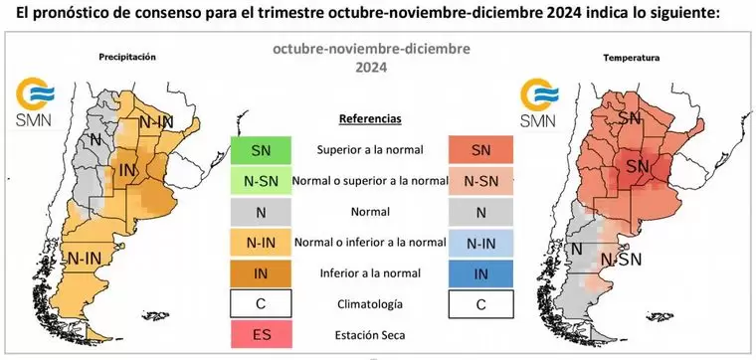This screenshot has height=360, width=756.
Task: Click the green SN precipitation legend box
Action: pyautogui.click(x=260, y=150)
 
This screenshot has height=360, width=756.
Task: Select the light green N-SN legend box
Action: pyautogui.click(x=260, y=181)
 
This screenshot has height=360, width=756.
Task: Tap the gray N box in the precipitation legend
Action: pyautogui.click(x=260, y=212)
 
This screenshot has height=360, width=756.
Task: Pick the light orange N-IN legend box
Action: pyautogui.click(x=260, y=242)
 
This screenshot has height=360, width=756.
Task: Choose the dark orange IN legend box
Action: pyautogui.click(x=260, y=272)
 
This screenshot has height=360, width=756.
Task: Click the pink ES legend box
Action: pyautogui.click(x=260, y=333)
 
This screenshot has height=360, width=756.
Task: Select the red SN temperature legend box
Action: pyautogui.click(x=480, y=150)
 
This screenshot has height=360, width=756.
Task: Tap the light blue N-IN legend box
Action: pyautogui.click(x=480, y=242)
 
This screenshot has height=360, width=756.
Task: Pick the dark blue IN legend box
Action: pyautogui.click(x=480, y=272)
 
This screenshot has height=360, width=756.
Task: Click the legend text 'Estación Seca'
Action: pyautogui.click(x=369, y=334)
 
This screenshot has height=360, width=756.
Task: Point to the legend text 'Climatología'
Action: pyautogui.click(x=369, y=303)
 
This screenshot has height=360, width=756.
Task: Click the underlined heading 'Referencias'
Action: pyautogui.click(x=369, y=119)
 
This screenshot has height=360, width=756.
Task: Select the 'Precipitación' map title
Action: pyautogui.click(x=127, y=58)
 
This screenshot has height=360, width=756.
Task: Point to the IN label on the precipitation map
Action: pyautogui.click(x=127, y=171)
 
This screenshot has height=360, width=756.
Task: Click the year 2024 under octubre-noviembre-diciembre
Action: pyautogui.click(x=372, y=69)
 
